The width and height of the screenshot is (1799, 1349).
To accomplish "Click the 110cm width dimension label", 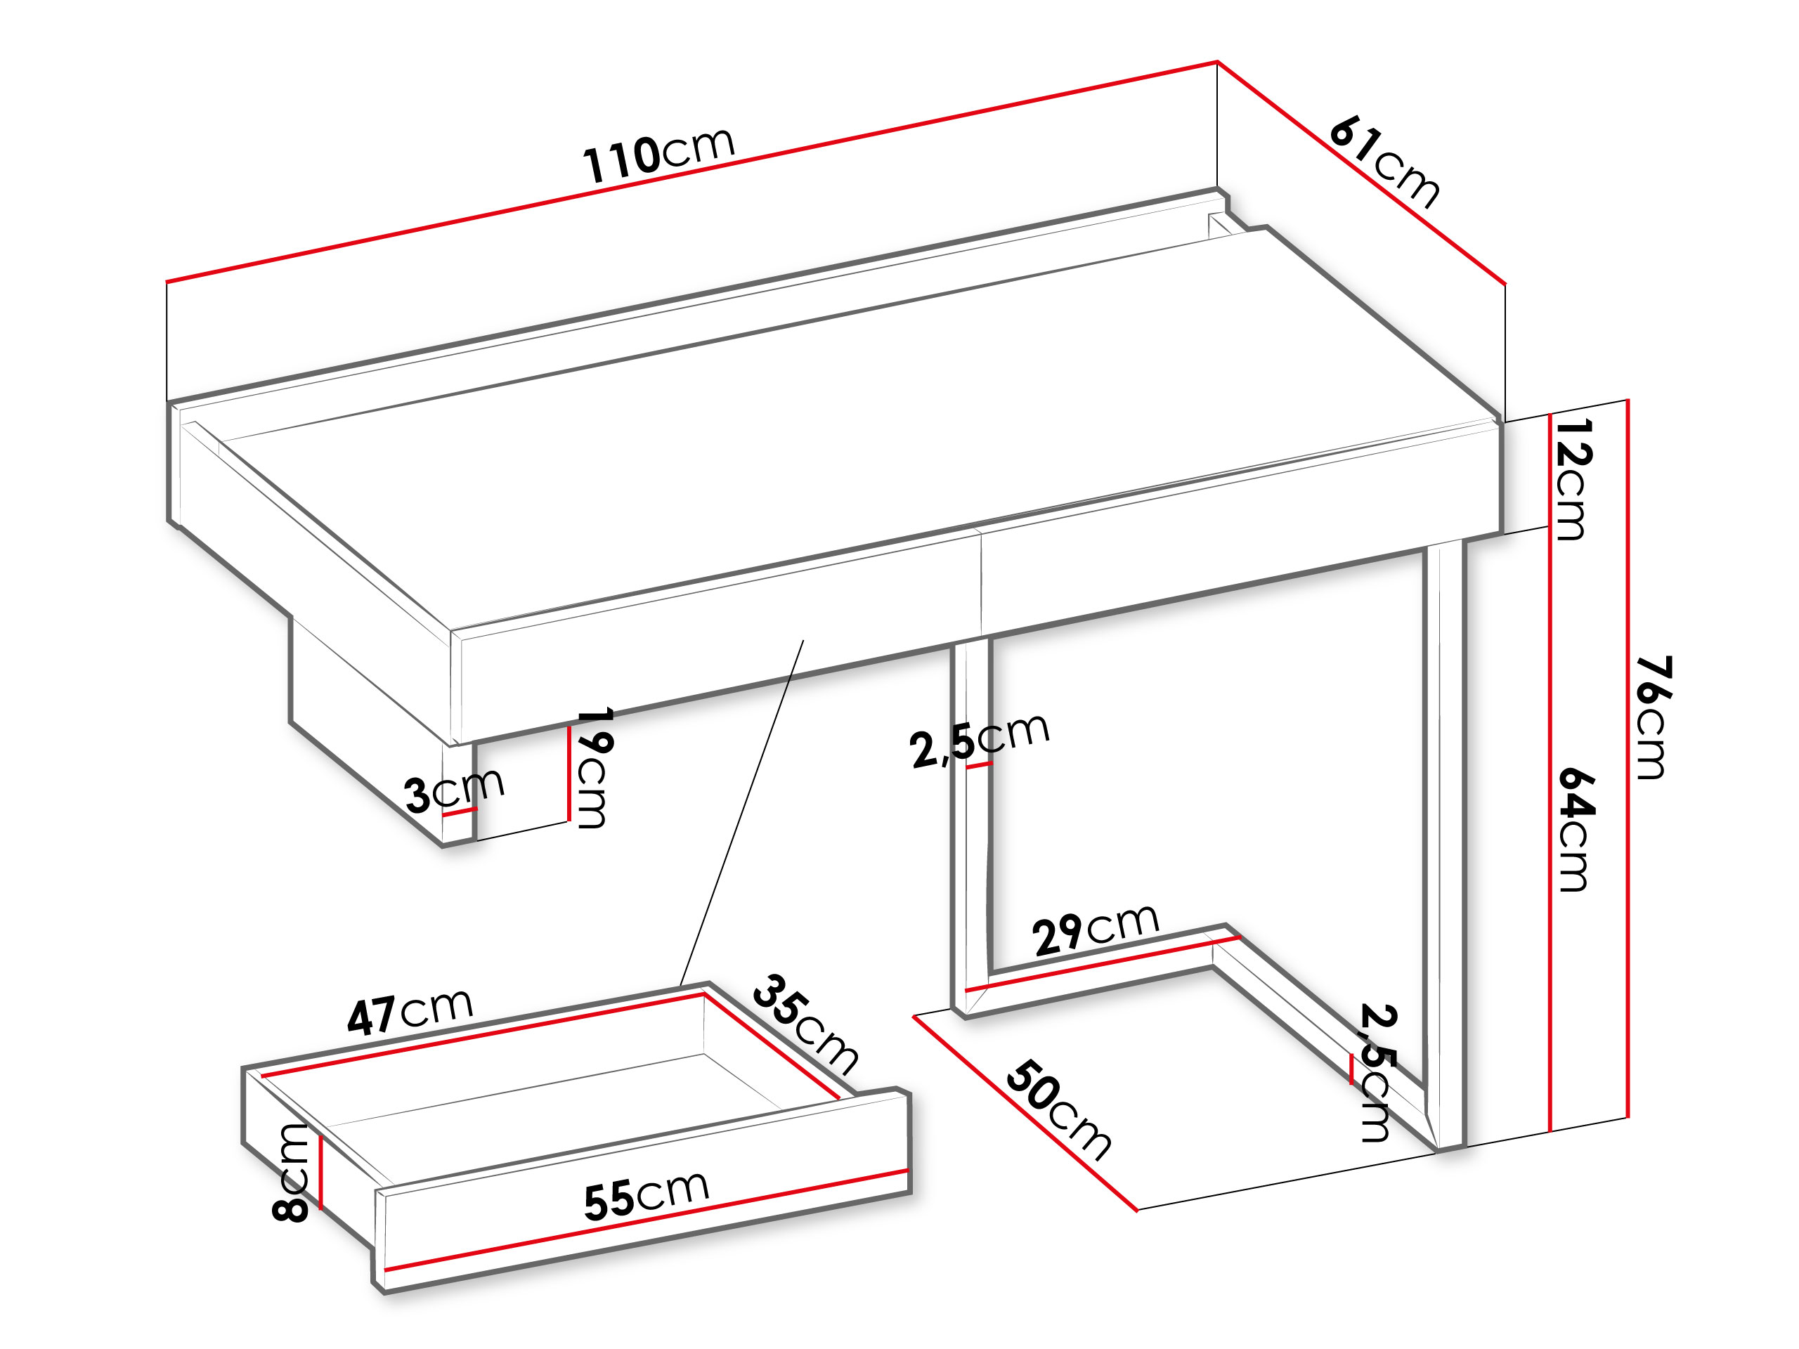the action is tap(658, 155).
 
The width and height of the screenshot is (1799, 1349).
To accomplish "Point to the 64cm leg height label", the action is tap(1576, 828).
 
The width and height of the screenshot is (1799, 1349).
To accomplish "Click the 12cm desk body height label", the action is tap(1572, 479).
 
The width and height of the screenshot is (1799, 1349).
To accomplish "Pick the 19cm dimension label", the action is tap(594, 769).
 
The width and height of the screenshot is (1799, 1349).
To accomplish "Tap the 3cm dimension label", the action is tap(455, 790).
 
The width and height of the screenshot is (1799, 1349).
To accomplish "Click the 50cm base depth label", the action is tap(1058, 1110).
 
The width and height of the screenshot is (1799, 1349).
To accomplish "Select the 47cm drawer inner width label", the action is tap(410, 1012).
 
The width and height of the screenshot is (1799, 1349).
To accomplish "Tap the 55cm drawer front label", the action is tap(647, 1196).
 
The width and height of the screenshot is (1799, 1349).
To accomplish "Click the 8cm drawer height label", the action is tap(290, 1173).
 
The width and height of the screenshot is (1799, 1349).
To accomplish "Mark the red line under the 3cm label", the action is tap(460, 811).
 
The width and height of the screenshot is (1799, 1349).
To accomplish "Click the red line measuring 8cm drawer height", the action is tap(321, 1172).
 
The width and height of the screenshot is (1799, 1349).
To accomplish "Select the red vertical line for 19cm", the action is tap(569, 774).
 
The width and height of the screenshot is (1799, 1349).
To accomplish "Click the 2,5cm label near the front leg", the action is tap(980, 739).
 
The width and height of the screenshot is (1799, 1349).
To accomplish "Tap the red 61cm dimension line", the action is tap(1360, 174).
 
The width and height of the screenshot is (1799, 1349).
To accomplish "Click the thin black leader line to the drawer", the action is tap(741, 813).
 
